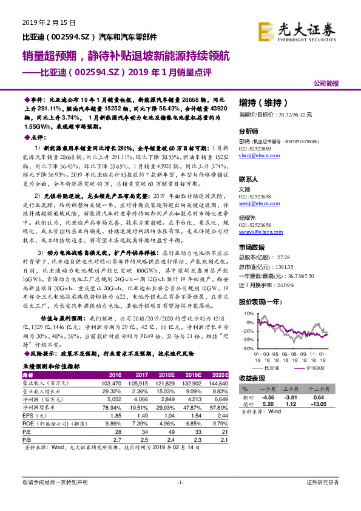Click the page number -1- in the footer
tap(180, 482)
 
